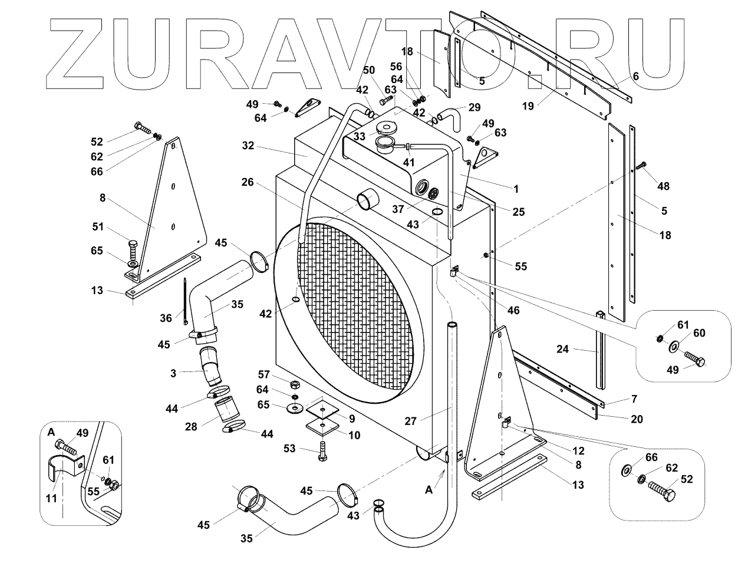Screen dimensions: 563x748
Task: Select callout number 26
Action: [247, 183]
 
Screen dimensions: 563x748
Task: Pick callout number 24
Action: [562, 349]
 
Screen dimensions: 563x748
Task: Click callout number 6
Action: [636, 76]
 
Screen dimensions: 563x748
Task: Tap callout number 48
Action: [664, 186]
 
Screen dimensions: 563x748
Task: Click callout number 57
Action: [263, 374]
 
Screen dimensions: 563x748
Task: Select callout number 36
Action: [166, 318]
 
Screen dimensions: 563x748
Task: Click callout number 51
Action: [98, 226]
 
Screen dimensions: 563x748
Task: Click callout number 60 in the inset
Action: [698, 333]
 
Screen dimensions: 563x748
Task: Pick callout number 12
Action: [578, 451]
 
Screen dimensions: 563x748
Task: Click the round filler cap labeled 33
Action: [387, 127]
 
